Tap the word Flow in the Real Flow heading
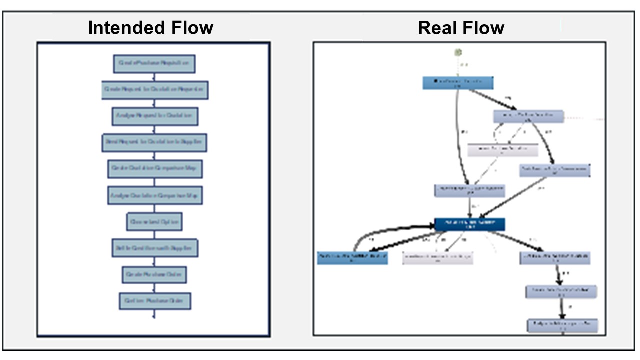tap(483, 28)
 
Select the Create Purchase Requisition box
tap(154, 64)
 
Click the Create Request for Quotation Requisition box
tap(154, 90)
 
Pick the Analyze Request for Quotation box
tap(154, 116)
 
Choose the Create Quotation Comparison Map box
tap(154, 169)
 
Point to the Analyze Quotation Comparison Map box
tap(154, 195)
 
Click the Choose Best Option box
tap(154, 221)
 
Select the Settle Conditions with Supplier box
tap(154, 248)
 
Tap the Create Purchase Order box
tap(154, 274)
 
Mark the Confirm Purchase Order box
tap(155, 301)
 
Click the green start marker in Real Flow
tap(457, 52)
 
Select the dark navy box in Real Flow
tap(469, 224)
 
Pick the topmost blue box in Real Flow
tap(458, 83)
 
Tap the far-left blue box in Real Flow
tap(352, 258)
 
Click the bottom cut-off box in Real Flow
tap(562, 326)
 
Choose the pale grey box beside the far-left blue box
tap(438, 257)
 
